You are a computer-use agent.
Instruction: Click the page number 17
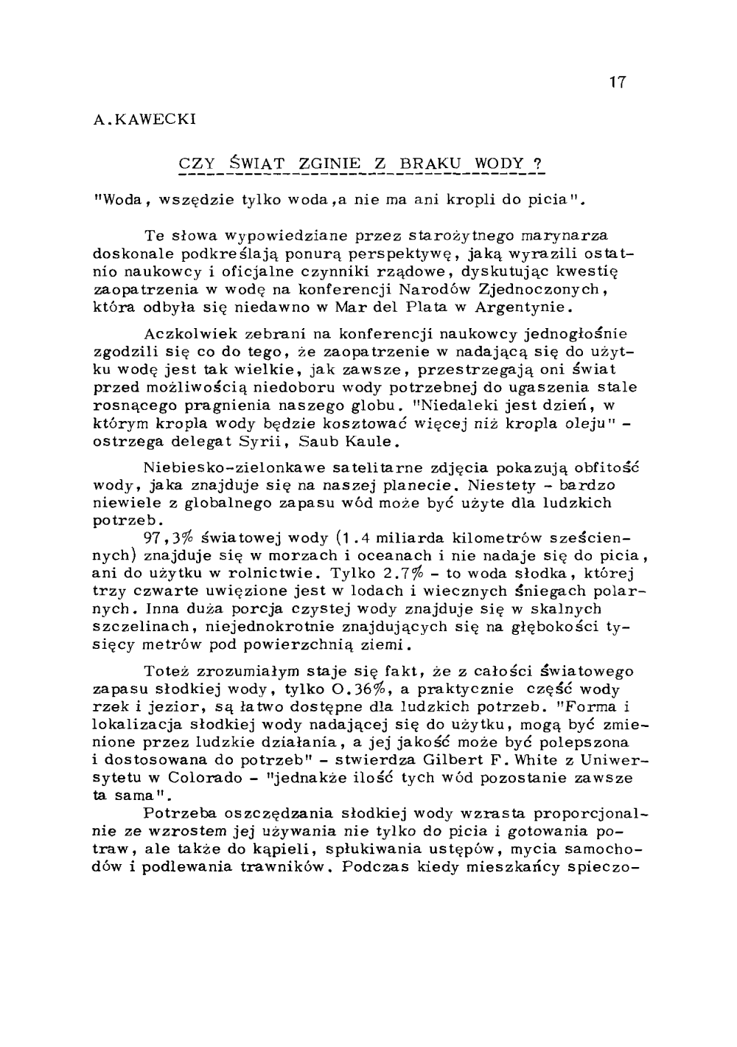click(618, 83)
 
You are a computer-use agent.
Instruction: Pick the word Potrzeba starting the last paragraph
click(179, 813)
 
